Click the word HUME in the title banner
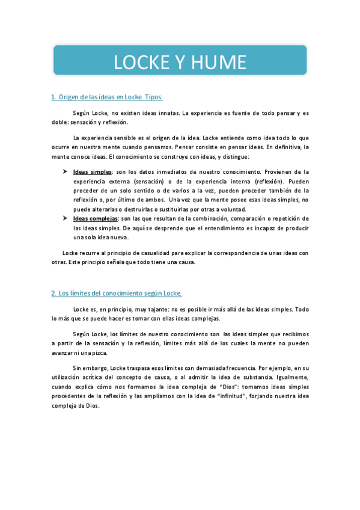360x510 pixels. click(219, 62)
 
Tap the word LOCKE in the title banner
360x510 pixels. click(142, 62)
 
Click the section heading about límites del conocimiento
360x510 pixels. click(116, 293)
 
